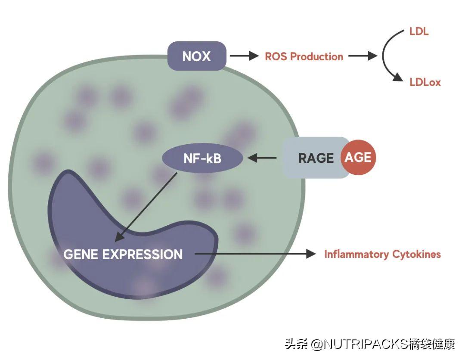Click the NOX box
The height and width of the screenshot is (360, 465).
point(197,56)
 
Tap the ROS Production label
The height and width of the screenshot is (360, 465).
point(304,56)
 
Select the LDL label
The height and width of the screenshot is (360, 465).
point(419,31)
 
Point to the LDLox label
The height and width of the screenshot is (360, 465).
point(425,82)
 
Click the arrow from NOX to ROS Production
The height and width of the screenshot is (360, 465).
point(243,56)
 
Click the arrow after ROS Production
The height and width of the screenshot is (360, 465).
point(363,56)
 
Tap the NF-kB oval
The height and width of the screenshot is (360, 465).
point(202,158)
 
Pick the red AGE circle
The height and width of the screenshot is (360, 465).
point(358,157)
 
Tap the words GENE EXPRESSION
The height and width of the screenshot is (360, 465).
point(123,254)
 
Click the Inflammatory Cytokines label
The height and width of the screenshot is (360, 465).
point(382,254)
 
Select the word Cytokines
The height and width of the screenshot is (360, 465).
point(416,254)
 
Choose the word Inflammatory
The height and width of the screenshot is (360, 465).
point(356,254)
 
